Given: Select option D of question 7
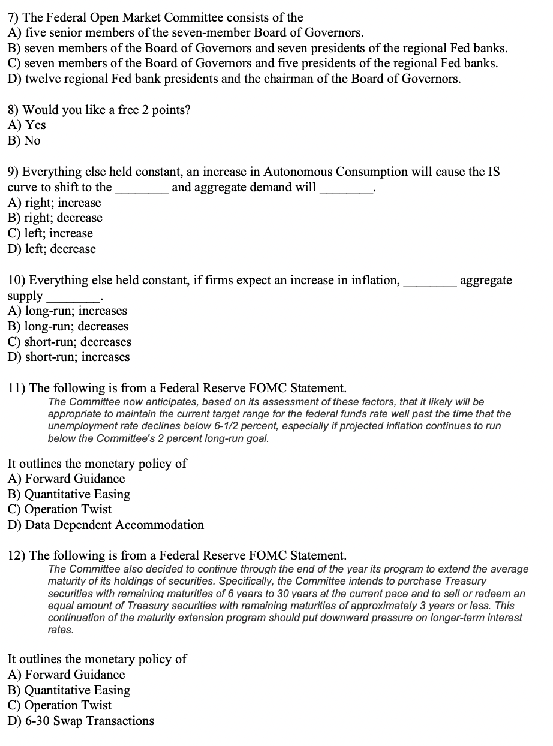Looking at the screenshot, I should [234, 79].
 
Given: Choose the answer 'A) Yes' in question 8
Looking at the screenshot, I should [27, 125].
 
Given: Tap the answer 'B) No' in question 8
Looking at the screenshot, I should [25, 141].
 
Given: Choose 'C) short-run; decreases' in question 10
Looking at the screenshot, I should [70, 342].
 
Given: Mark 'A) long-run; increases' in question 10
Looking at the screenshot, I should [68, 311].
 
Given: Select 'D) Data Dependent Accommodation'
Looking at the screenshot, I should [106, 525].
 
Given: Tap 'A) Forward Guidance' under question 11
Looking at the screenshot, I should [67, 479].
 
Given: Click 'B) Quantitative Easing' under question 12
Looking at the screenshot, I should [69, 690].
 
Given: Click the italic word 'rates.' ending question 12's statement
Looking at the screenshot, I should [61, 630].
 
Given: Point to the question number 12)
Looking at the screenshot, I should [16, 555].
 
